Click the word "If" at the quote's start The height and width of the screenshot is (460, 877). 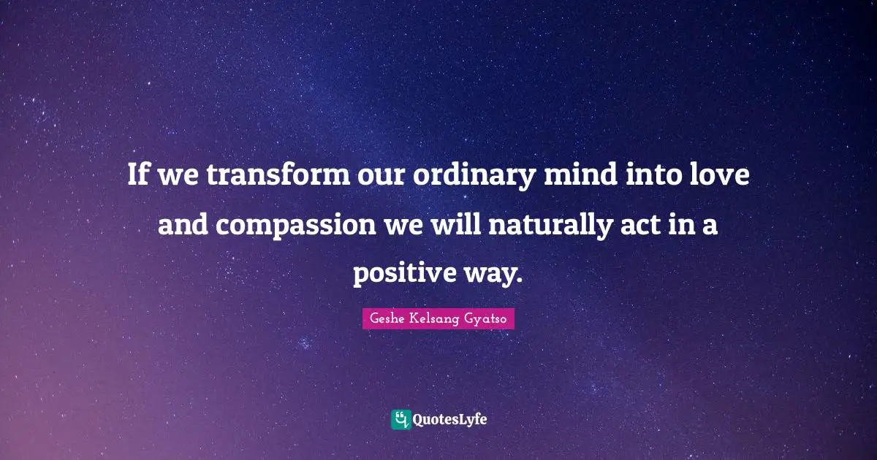tap(136, 175)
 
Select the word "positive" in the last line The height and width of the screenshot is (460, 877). tap(407, 275)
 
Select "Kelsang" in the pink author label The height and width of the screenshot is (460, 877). tap(436, 319)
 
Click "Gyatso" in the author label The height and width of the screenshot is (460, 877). tap(487, 319)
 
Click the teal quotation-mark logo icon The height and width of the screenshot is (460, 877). tap(400, 419)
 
